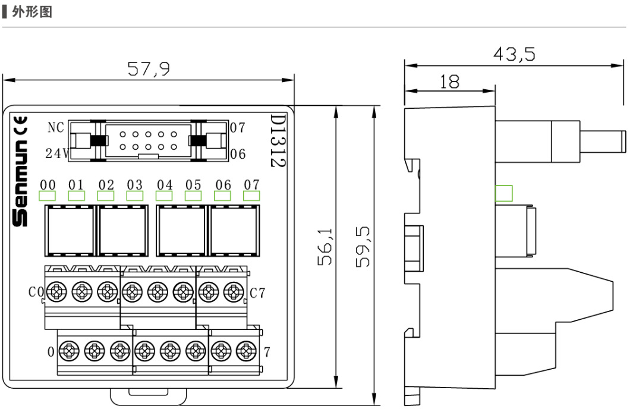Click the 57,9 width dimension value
149,69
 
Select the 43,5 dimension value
514,54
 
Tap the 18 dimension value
449,81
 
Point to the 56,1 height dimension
325,247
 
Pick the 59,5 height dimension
363,247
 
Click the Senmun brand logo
20,184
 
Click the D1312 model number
278,141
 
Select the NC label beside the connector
56,128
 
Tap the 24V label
57,153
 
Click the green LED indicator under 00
47,196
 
